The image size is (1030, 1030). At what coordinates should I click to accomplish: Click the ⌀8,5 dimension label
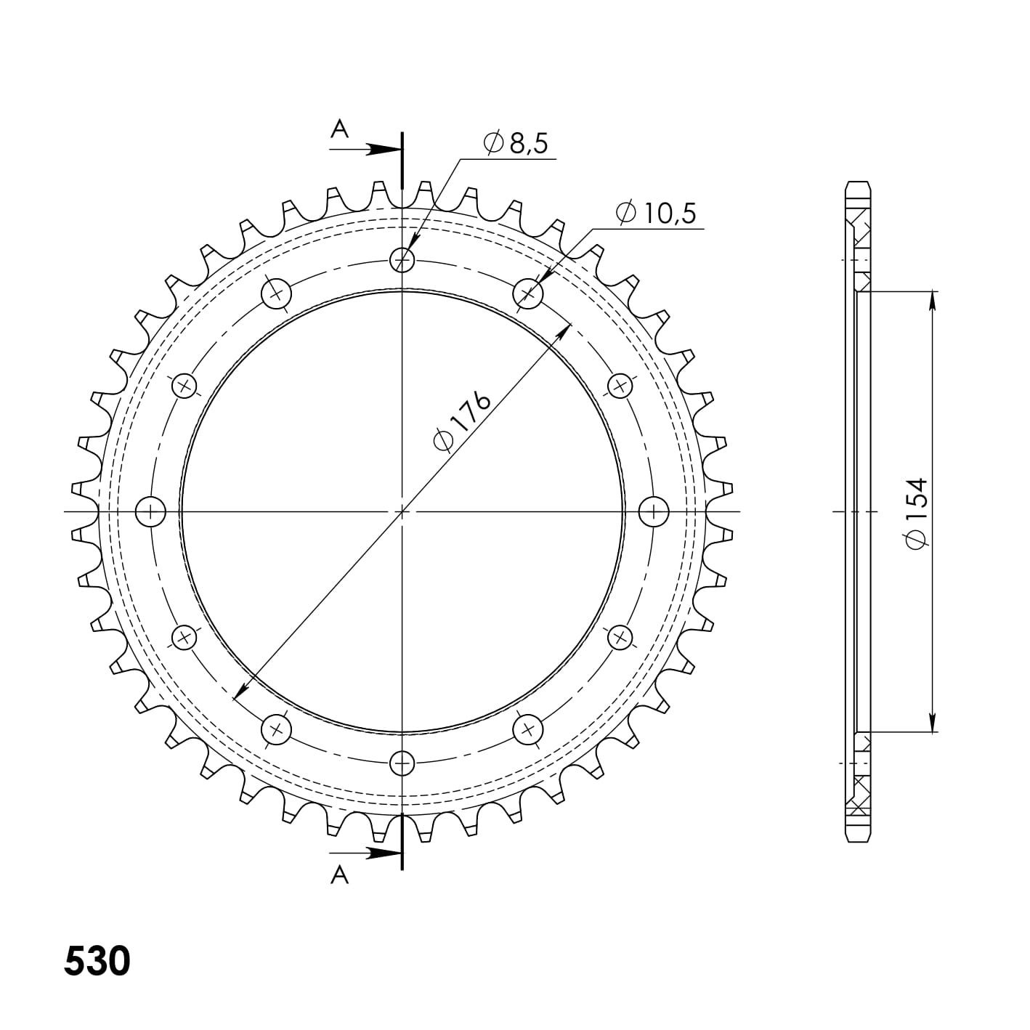[x=515, y=143]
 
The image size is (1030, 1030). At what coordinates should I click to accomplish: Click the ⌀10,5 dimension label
[x=655, y=213]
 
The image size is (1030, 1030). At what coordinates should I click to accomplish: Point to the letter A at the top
[x=339, y=129]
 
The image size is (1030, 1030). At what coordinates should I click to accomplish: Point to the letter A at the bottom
[x=339, y=876]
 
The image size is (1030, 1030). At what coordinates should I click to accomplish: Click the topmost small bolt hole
[x=402, y=259]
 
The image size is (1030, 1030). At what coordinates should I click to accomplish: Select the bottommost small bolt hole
[x=402, y=763]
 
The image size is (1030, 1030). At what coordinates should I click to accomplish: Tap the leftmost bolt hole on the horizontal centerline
[x=151, y=511]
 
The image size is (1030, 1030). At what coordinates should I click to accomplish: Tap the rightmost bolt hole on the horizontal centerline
[x=653, y=511]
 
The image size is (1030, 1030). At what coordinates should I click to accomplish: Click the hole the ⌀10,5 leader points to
[x=528, y=294]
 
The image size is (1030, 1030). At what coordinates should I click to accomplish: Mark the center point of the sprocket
[x=402, y=511]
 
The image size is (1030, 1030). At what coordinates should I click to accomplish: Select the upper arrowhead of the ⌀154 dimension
[x=931, y=299]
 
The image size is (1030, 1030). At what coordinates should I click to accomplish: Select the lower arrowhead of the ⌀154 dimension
[x=931, y=723]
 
